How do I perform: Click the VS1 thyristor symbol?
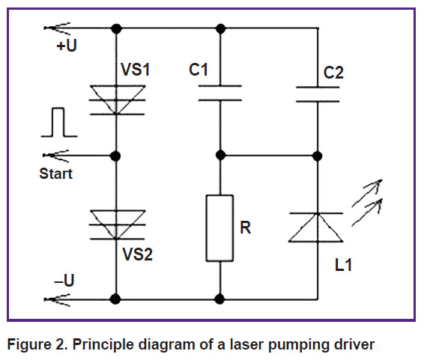click(117, 100)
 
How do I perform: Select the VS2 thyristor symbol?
click(117, 225)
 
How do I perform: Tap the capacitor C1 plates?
click(220, 93)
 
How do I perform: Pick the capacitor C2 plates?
click(318, 94)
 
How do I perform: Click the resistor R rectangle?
click(219, 228)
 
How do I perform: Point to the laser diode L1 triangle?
click(316, 228)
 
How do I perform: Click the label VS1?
click(135, 70)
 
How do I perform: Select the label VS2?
click(137, 254)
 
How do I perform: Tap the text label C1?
click(199, 70)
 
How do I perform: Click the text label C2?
click(333, 73)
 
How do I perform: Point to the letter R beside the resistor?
click(246, 228)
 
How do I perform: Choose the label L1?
click(343, 265)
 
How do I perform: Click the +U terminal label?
click(67, 46)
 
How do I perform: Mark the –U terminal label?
click(64, 280)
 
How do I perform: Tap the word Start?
click(56, 174)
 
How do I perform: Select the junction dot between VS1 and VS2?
click(115, 156)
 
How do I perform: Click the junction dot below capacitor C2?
click(317, 156)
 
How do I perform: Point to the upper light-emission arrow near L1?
click(367, 193)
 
